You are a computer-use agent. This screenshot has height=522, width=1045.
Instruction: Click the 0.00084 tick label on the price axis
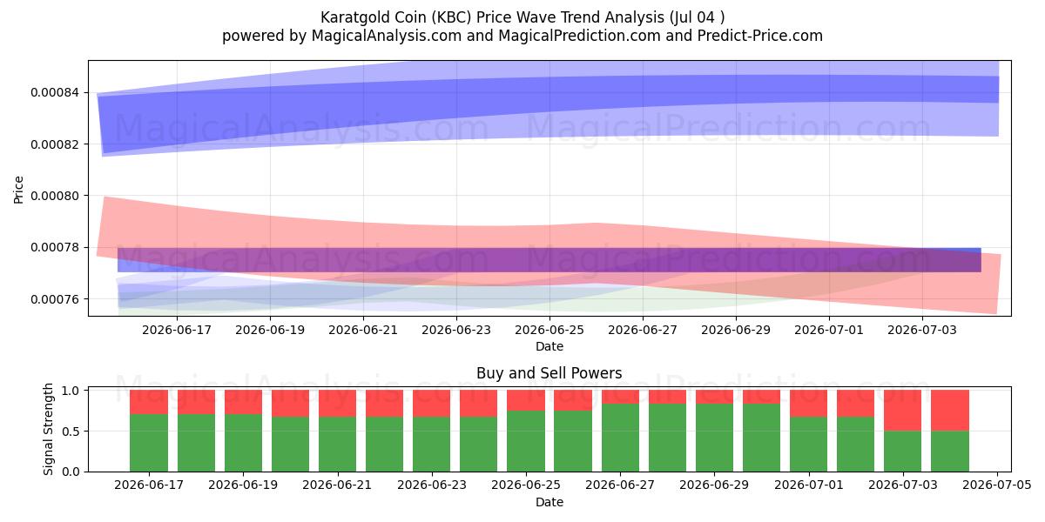point(54,92)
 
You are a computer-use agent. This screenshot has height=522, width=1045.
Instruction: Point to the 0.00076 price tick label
point(54,298)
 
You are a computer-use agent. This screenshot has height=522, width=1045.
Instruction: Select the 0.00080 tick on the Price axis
point(54,196)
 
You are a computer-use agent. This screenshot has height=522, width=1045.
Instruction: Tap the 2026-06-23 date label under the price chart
point(456,330)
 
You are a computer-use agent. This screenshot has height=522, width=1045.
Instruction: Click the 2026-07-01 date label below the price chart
point(829,330)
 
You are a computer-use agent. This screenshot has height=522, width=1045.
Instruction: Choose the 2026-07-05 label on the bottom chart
point(997,485)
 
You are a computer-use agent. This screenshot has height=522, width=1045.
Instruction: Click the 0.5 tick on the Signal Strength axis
point(70,432)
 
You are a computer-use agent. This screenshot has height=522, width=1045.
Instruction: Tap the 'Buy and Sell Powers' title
point(549,373)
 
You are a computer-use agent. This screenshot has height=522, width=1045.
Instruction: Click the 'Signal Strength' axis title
point(48,429)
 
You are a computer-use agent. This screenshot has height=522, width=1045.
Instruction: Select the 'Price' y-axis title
point(18,190)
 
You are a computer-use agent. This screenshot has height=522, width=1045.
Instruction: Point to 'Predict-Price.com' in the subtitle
point(759,36)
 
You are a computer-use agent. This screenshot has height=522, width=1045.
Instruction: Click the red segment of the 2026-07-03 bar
point(902,411)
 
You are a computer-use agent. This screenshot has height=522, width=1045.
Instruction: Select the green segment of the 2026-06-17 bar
point(149,443)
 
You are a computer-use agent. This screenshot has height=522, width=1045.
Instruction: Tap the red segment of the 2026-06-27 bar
point(620,397)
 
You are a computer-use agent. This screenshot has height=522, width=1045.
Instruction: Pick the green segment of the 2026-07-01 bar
point(808,445)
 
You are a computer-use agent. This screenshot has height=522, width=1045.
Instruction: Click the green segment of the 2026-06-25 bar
point(526,441)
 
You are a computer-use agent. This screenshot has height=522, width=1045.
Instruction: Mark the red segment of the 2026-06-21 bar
point(337,404)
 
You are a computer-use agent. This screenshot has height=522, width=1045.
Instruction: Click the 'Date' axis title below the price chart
point(549,346)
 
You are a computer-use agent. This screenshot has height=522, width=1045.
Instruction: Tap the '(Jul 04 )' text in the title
point(697,17)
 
